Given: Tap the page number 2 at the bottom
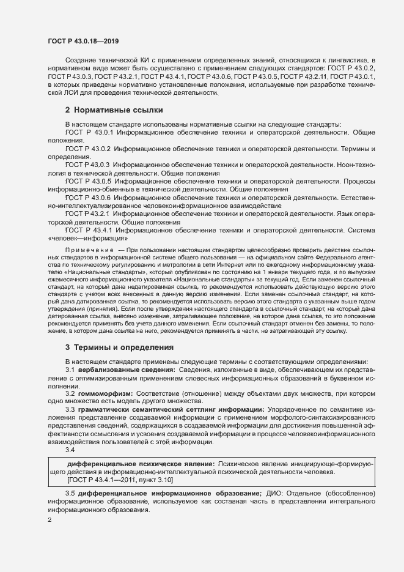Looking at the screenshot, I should coord(50,521).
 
